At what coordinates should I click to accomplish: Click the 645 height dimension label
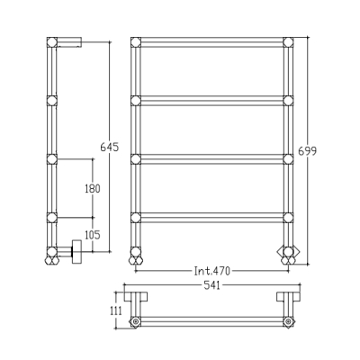pos(110,148)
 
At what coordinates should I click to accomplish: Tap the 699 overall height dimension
pos(307,151)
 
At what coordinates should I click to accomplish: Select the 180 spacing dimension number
pos(93,189)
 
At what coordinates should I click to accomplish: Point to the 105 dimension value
pos(93,235)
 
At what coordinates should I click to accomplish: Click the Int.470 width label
pos(212,271)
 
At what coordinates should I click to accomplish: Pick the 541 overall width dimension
pos(212,285)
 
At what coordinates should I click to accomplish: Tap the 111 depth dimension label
pos(116,310)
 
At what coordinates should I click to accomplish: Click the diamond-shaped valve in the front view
pos(288,251)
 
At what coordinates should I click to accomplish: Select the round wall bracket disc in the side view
pos(76,251)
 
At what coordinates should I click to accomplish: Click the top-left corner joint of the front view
pos(136,42)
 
